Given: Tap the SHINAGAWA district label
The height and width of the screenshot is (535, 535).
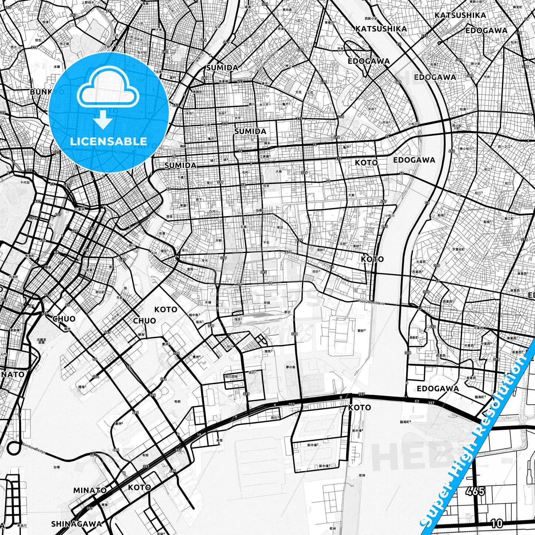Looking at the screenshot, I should tap(76, 524).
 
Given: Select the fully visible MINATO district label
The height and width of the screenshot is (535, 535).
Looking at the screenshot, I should tap(90, 490).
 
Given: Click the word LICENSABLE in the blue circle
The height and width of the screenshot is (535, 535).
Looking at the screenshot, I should tap(108, 141).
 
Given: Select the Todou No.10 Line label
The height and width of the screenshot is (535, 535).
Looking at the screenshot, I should tap(371, 302).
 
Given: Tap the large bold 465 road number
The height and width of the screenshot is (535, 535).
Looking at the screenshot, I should tap(475, 491).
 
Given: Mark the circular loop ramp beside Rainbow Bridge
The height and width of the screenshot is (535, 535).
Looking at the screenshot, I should tap(14, 447).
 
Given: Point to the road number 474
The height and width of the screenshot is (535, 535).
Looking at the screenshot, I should tap(299, 240).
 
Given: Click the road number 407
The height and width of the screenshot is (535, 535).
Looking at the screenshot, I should tap(58, 215).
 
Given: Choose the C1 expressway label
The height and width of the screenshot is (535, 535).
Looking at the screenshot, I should tap(52, 184).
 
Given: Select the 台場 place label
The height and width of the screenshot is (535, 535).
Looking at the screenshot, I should tap(57, 467).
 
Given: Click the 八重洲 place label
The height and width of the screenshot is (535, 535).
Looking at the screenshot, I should tap(79, 209).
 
